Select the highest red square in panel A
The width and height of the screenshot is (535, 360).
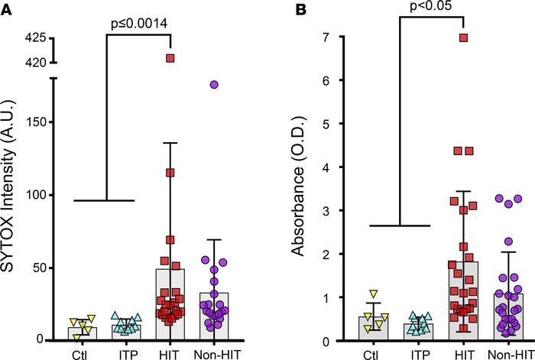click(x=171, y=58)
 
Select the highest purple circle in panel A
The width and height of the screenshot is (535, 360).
click(x=214, y=84)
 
